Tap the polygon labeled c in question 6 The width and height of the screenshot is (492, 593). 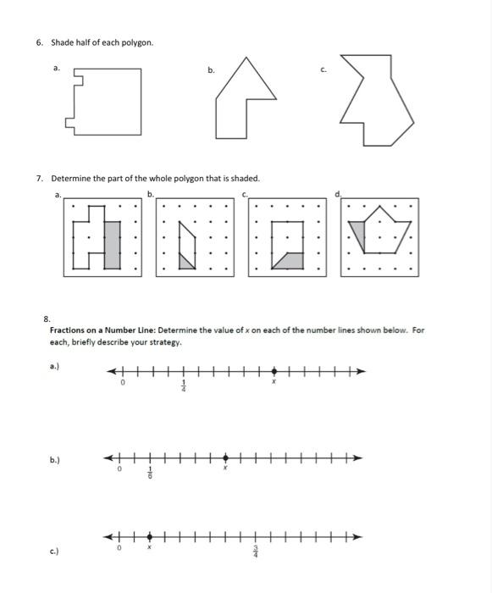click(378, 102)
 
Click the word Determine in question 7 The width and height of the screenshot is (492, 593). click(72, 179)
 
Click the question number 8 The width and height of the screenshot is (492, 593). click(47, 319)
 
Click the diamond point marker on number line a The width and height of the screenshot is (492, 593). click(274, 371)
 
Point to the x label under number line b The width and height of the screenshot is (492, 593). click(225, 468)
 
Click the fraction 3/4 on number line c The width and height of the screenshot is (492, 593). click(255, 552)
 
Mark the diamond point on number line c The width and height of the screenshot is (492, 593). click(150, 536)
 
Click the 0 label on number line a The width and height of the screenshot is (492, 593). click(123, 383)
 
